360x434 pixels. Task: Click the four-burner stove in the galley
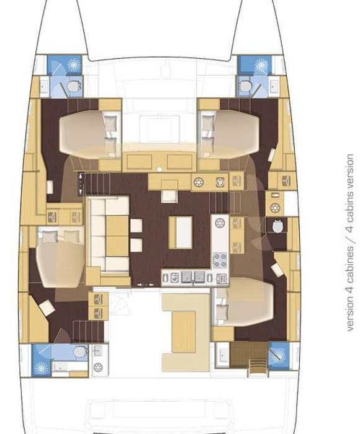[x=220, y=260]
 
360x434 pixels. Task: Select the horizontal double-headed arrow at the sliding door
[x=146, y=285]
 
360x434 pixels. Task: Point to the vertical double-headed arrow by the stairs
[x=81, y=184]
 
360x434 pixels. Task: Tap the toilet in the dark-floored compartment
[x=277, y=226]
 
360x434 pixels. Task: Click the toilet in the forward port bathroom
[x=74, y=87]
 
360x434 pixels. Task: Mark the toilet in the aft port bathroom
[x=80, y=352]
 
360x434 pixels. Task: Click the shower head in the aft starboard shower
[x=279, y=355]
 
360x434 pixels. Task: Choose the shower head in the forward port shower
[x=74, y=64]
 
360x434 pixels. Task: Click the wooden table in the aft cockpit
[x=184, y=332]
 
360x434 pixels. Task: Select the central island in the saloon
[x=181, y=232]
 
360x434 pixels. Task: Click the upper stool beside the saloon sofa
[x=136, y=226]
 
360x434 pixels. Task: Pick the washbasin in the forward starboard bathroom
[x=274, y=86]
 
